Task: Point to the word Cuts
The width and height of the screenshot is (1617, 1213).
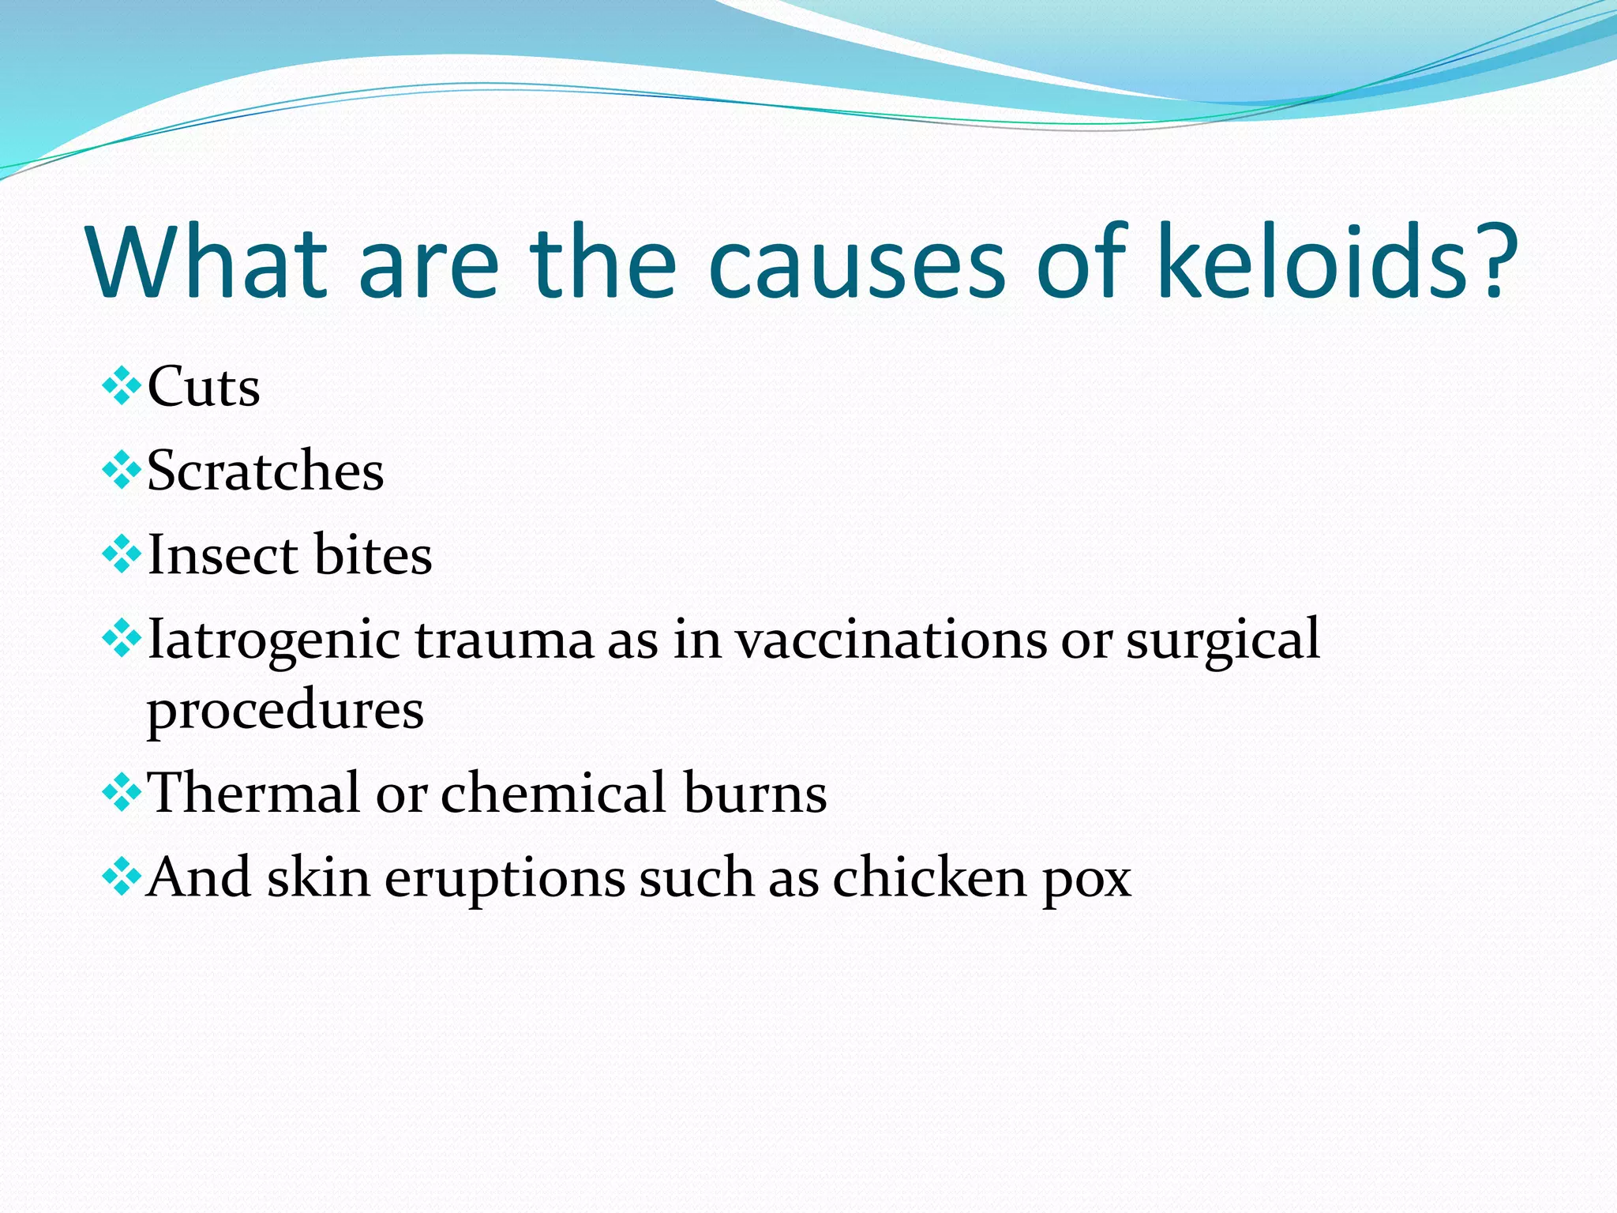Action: point(204,387)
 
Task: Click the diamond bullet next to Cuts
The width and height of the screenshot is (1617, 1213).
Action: point(122,386)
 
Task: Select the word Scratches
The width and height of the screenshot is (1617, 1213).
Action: point(265,471)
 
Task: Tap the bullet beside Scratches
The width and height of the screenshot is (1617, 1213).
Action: point(122,471)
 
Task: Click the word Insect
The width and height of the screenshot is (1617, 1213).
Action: point(222,555)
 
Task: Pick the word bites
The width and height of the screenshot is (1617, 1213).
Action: point(373,555)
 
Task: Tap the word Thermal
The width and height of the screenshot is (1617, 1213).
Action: point(253,793)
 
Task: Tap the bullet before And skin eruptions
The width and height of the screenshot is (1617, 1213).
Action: point(122,877)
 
